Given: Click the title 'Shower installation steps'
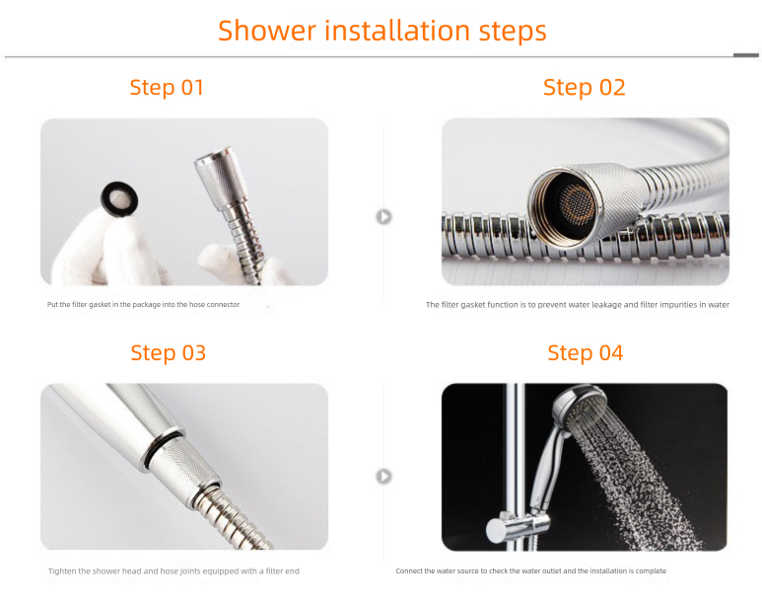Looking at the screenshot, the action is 381,32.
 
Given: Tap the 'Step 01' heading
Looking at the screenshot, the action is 167,88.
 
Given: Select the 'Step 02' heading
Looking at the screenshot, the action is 585,88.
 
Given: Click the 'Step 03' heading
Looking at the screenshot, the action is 169,353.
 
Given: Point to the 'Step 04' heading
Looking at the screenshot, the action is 586,353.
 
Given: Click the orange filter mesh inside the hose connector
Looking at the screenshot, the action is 577,203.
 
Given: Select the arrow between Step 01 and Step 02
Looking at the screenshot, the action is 383,216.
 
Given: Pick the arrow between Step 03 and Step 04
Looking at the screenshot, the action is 383,477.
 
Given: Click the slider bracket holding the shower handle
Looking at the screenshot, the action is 518,528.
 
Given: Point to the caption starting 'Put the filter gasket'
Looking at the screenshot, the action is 143,305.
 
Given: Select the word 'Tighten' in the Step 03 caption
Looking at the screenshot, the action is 62,571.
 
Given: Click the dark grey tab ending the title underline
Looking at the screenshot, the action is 746,55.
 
